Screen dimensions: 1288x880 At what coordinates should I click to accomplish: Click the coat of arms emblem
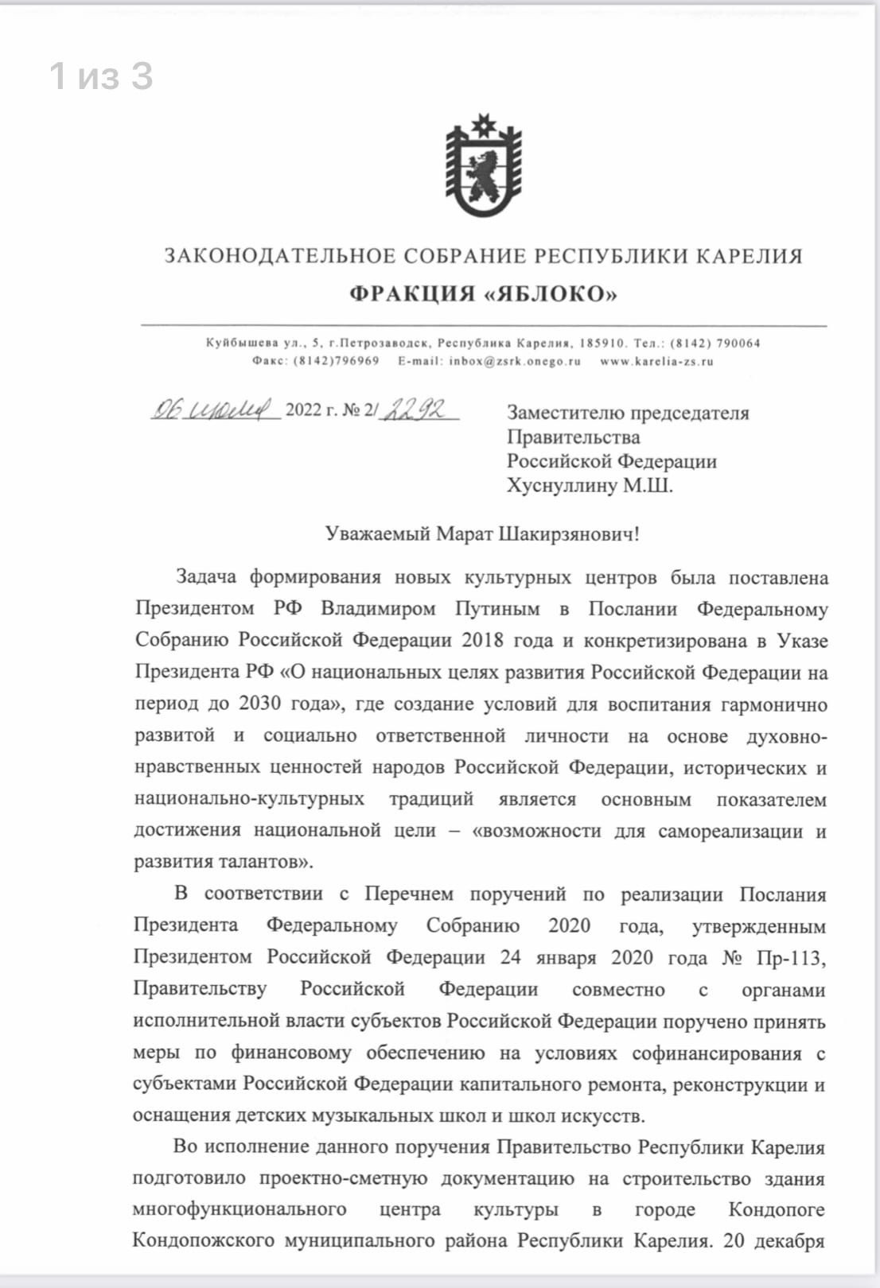tap(483, 167)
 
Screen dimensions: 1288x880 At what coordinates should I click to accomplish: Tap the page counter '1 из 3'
tap(101, 76)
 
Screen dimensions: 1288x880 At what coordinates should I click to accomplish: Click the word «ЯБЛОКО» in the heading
tap(550, 294)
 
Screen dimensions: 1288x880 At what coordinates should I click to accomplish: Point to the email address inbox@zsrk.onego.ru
tap(514, 361)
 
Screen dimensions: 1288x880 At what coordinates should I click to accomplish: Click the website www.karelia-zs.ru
tap(656, 361)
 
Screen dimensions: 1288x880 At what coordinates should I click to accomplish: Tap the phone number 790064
tap(738, 343)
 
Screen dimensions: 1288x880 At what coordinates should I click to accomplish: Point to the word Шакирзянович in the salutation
tap(568, 533)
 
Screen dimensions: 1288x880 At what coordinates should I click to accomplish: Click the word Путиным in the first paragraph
tap(497, 609)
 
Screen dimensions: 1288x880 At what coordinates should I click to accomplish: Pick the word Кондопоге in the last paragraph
tap(776, 1210)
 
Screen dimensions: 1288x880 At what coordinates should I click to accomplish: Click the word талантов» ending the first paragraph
tap(266, 862)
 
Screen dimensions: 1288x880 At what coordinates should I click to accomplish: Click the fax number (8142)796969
tap(337, 361)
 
